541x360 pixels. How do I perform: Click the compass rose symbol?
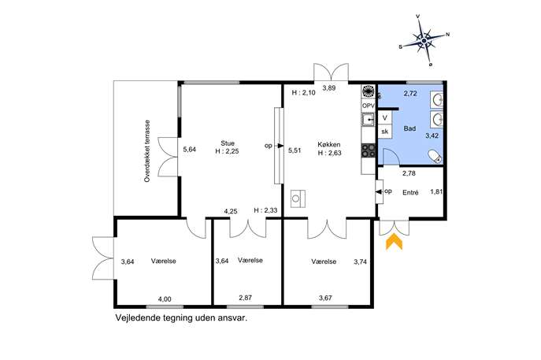click(x=424, y=41)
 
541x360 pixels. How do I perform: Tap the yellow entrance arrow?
click(x=394, y=242)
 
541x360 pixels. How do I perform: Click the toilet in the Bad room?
click(x=435, y=156)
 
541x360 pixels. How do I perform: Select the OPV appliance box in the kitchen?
click(x=368, y=106)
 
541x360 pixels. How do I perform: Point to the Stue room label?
click(x=228, y=143)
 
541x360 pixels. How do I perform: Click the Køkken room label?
click(x=329, y=145)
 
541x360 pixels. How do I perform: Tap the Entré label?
click(x=410, y=192)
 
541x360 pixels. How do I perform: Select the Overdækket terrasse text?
click(x=147, y=150)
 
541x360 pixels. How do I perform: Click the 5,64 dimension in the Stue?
click(x=190, y=150)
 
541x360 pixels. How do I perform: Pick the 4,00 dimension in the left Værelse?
click(x=165, y=299)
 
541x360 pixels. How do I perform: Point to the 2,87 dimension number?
click(x=246, y=298)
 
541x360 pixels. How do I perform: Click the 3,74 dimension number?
click(x=360, y=262)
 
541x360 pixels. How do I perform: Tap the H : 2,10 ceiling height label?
click(x=304, y=92)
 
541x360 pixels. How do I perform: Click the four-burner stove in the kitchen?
click(x=368, y=150)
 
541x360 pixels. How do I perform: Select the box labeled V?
click(x=385, y=117)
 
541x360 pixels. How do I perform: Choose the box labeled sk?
click(x=385, y=132)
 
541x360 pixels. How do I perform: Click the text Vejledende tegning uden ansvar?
click(x=181, y=318)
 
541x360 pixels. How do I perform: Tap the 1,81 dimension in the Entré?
click(x=436, y=191)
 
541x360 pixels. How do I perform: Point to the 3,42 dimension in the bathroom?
click(x=432, y=135)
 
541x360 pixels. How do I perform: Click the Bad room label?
click(x=409, y=128)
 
